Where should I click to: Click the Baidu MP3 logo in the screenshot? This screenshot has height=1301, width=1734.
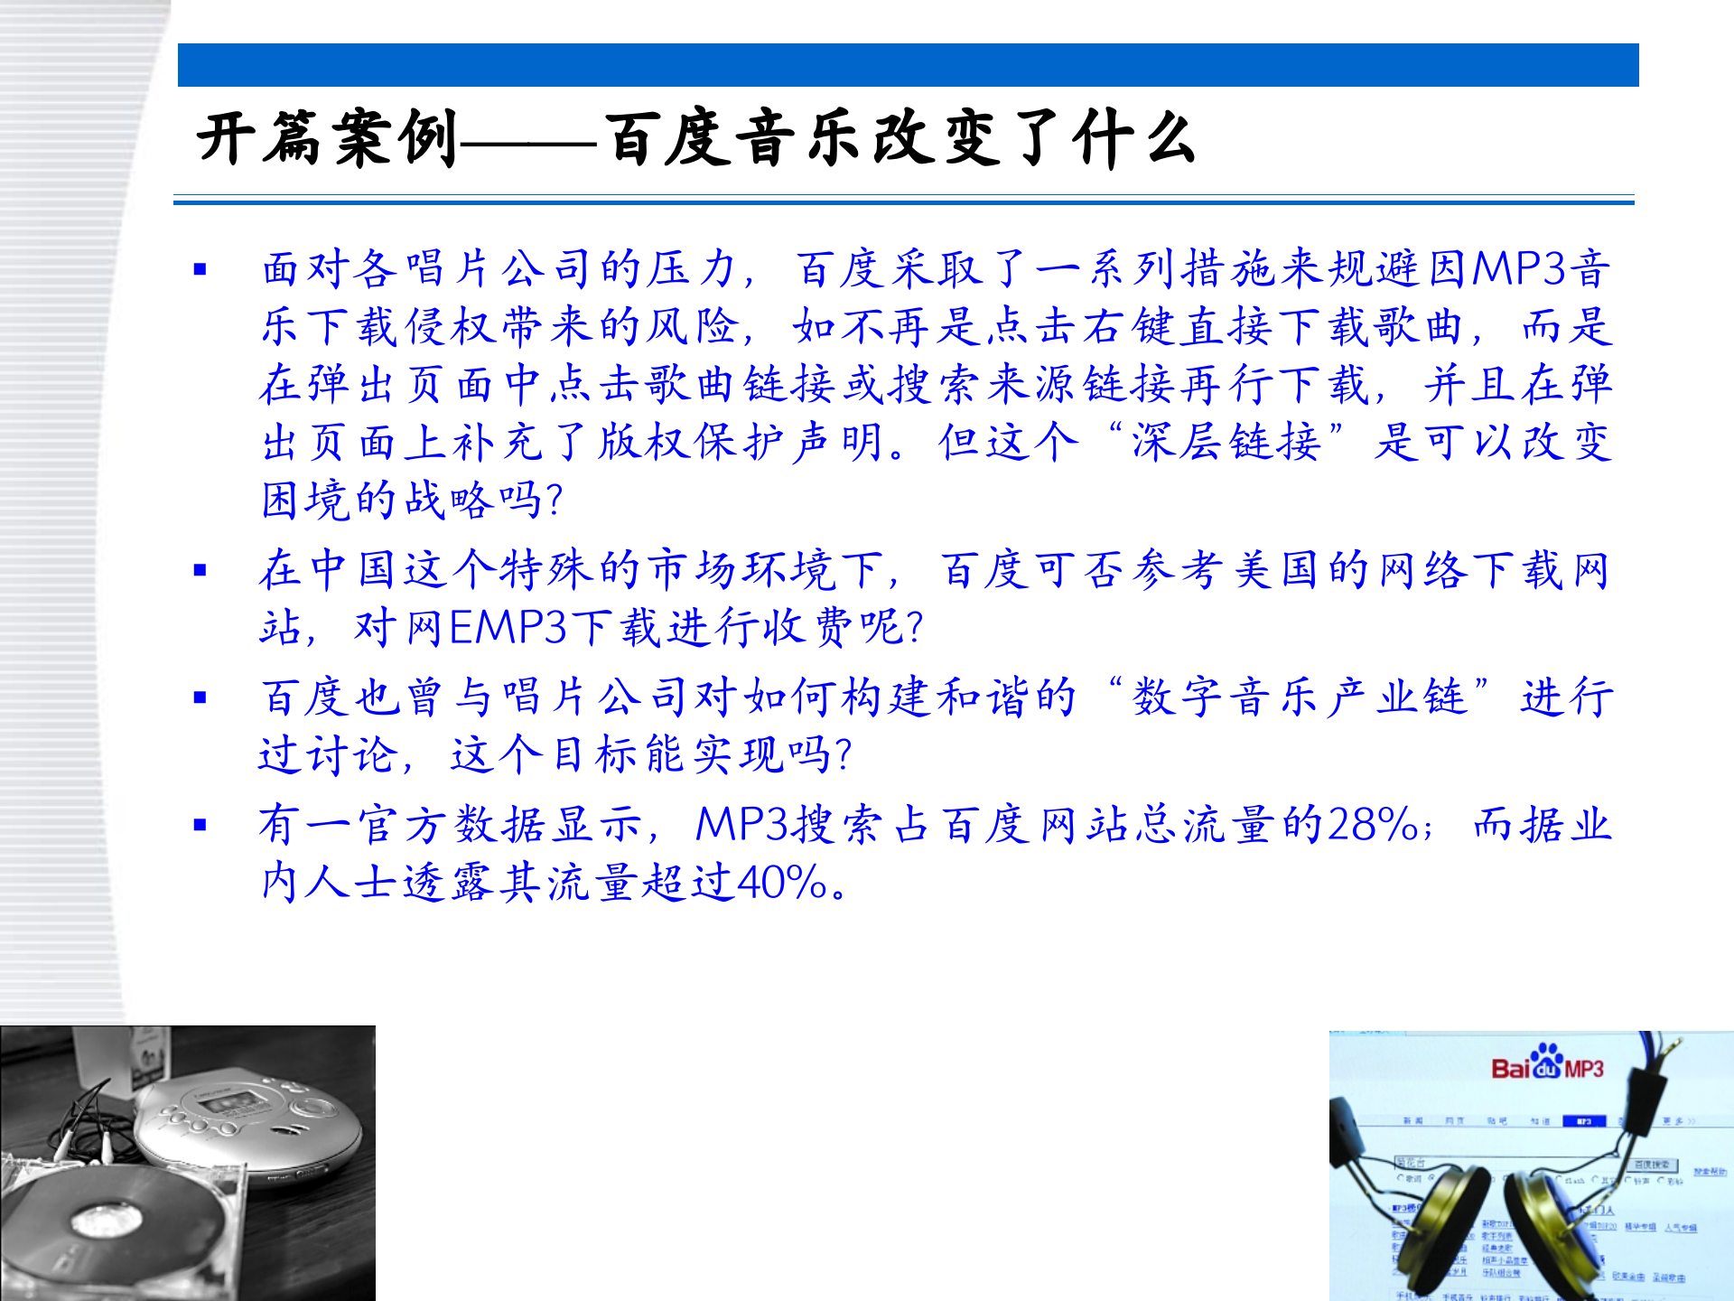tap(1546, 1066)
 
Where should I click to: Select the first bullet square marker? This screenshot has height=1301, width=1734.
tap(200, 269)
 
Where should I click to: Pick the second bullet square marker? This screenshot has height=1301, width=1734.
tap(200, 570)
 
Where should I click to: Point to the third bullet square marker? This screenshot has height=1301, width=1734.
tap(200, 697)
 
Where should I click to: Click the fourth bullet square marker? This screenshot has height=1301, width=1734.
tap(200, 825)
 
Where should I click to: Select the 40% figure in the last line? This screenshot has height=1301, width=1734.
tap(782, 883)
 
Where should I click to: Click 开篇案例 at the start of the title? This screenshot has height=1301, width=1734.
tap(327, 140)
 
